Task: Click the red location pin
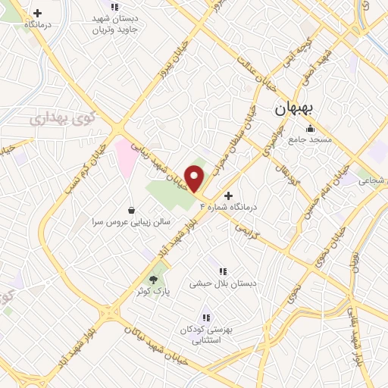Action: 195,178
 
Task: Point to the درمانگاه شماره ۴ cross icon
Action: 229,195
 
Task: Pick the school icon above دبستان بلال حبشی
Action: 223,271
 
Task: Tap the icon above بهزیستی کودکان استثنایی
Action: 205,317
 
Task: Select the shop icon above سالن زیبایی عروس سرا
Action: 133,210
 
